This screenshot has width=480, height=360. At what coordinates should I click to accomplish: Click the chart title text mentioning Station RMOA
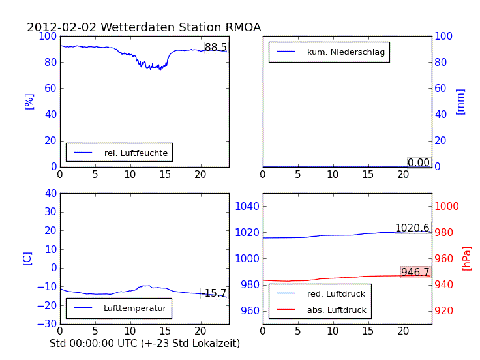(x=143, y=27)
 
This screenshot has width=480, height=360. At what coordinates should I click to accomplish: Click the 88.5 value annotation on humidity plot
(x=216, y=48)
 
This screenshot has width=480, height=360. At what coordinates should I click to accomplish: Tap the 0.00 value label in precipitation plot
(x=419, y=163)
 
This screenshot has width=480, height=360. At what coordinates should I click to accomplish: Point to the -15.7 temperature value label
(x=215, y=293)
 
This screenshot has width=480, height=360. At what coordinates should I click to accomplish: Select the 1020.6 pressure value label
(x=412, y=228)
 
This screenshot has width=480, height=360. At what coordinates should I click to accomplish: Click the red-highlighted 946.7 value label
(x=415, y=272)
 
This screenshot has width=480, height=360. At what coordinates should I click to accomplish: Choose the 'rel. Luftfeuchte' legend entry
(x=136, y=153)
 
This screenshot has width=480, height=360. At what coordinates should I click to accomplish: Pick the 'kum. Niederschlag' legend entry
(x=346, y=52)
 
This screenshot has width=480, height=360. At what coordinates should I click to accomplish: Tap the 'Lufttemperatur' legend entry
(x=134, y=308)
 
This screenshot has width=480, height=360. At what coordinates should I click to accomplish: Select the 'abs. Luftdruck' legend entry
(x=337, y=310)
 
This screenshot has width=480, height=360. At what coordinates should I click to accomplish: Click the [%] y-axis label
(x=29, y=101)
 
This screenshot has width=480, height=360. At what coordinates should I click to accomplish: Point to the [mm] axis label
(x=460, y=101)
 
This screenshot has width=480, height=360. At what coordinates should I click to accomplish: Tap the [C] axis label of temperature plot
(x=27, y=258)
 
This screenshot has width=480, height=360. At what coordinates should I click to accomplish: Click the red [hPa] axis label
(x=466, y=258)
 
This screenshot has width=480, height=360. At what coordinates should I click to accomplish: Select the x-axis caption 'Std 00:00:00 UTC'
(x=145, y=343)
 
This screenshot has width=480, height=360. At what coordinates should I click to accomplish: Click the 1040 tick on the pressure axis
(x=248, y=207)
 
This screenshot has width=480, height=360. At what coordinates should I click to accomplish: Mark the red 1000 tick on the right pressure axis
(x=451, y=207)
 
